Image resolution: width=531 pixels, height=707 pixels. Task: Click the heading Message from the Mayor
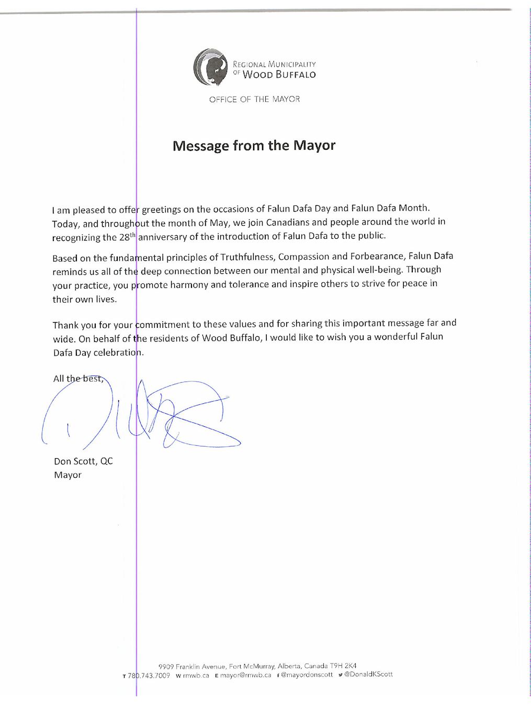point(254,145)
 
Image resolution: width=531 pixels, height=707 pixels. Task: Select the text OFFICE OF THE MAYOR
point(254,99)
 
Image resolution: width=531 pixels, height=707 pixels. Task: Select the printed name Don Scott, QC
point(83,461)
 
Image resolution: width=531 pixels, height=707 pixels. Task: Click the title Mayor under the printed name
point(67,475)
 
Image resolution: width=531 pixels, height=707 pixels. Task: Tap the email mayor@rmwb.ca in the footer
point(245,675)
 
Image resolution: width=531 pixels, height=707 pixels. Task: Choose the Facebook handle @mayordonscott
point(307,675)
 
